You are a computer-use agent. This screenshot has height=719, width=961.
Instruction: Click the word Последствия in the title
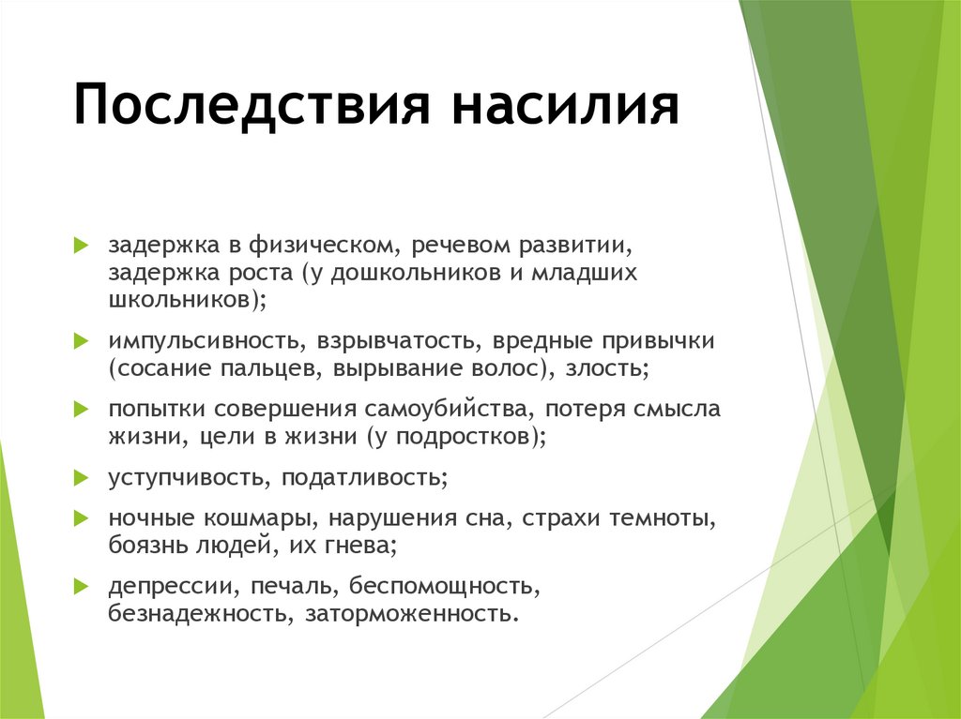tap(249, 105)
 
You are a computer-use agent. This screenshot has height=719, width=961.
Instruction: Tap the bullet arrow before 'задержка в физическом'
tap(81, 247)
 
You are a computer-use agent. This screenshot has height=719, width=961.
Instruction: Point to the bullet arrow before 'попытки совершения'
tap(81, 410)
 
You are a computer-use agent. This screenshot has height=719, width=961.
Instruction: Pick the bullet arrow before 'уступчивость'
tap(81, 478)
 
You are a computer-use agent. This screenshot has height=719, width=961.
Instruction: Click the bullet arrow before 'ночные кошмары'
tap(81, 518)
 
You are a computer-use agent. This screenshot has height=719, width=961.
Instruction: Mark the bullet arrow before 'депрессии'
tap(81, 587)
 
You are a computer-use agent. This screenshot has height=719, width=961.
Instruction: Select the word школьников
tap(184, 300)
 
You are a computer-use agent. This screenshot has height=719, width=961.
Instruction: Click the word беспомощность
tap(442, 587)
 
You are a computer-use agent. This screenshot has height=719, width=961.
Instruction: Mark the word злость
tap(605, 368)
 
